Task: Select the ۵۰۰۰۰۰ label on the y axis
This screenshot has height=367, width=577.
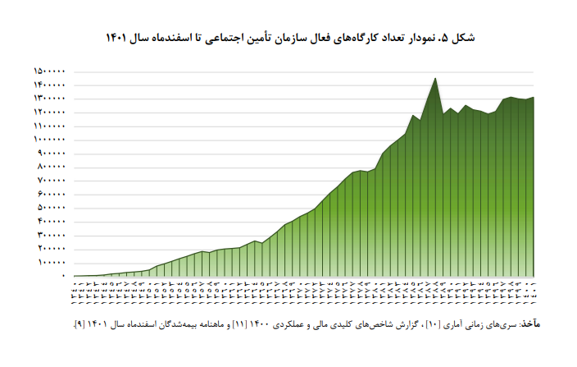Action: click(x=52, y=208)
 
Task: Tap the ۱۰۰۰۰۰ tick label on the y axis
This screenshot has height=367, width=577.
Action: click(x=52, y=263)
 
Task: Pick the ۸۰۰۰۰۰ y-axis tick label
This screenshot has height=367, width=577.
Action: click(x=52, y=167)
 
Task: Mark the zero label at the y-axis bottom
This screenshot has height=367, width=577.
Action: click(x=63, y=277)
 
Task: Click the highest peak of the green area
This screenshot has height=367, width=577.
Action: click(x=434, y=78)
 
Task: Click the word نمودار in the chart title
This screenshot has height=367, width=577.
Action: click(x=429, y=38)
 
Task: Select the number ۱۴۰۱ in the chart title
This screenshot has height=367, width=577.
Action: click(x=117, y=38)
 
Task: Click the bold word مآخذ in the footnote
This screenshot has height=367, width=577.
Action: click(x=530, y=323)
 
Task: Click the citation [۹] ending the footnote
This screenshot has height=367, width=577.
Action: click(x=76, y=323)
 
